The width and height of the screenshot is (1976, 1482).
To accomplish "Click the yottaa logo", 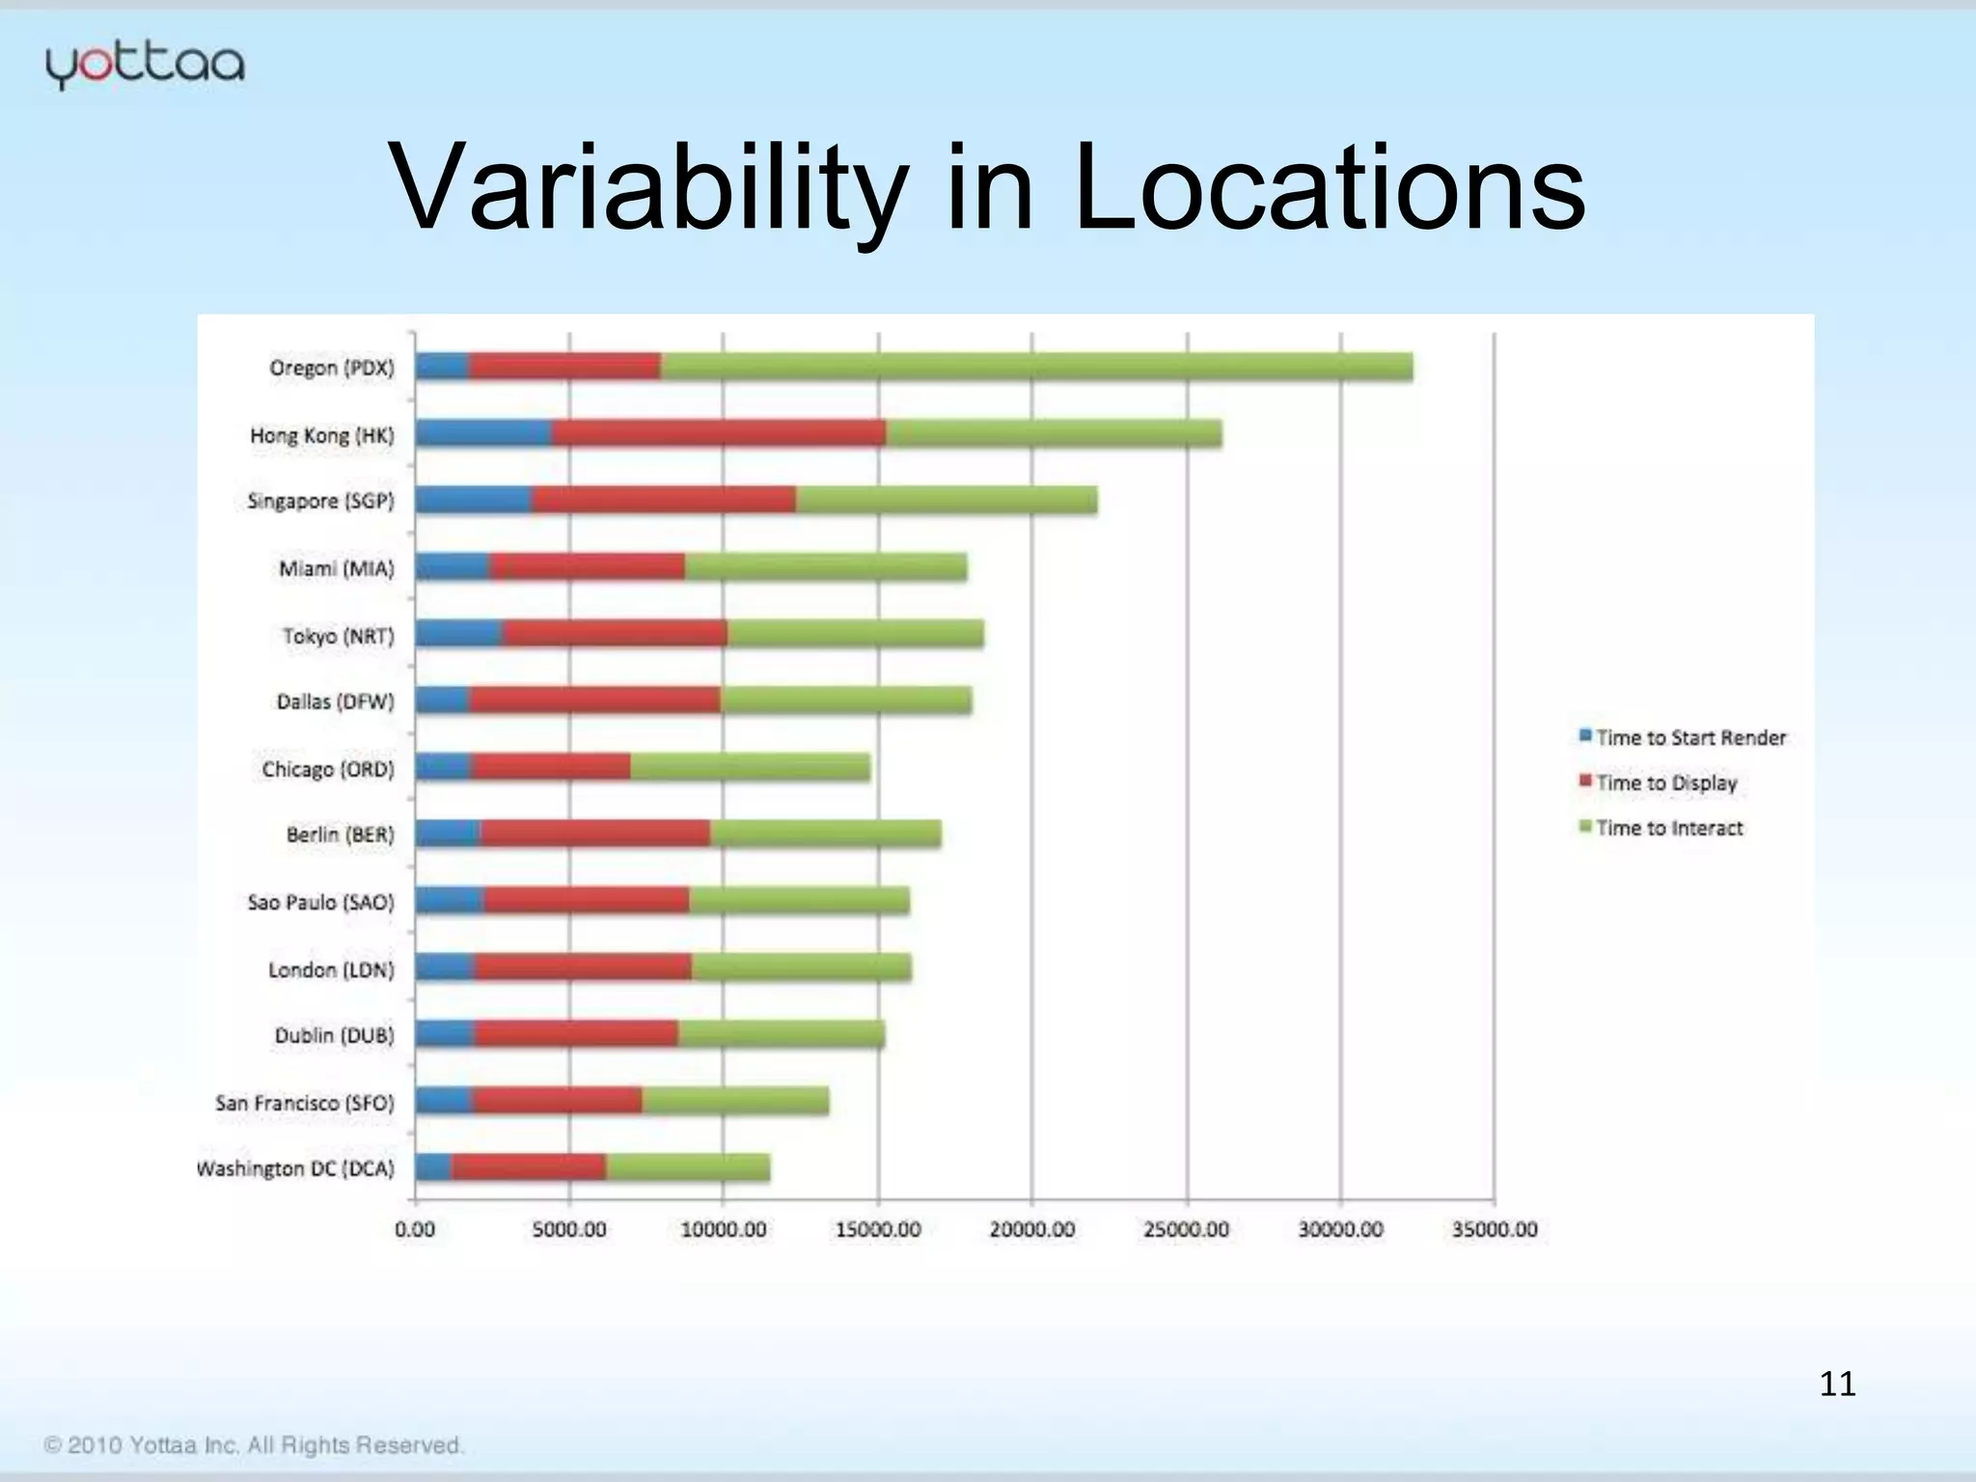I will click(x=145, y=66).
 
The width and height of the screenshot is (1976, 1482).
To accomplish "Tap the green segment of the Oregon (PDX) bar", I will click(x=1036, y=368).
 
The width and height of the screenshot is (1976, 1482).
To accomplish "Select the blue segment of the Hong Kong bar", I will click(x=483, y=434).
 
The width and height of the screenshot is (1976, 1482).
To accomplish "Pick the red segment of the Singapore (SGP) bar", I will click(x=663, y=501).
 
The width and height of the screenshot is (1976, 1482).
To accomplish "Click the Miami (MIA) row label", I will click(x=336, y=568).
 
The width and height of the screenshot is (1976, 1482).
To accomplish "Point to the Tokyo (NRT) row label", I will click(x=338, y=636).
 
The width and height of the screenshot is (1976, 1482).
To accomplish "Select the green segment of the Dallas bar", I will click(x=846, y=701).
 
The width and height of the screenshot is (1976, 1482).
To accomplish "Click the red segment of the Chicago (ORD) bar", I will click(x=550, y=768).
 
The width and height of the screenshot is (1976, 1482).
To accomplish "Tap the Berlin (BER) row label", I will click(x=340, y=835).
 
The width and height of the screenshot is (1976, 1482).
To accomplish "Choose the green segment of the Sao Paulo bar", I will click(x=799, y=901).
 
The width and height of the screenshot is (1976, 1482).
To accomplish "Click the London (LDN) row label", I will click(x=331, y=969).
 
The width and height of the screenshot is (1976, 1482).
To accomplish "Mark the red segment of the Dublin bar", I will click(x=576, y=1035).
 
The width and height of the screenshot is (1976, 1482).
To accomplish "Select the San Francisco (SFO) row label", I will click(x=304, y=1102).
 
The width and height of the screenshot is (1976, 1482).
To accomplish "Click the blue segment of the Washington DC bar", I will click(x=433, y=1168).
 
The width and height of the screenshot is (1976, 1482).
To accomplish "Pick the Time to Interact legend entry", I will click(x=1660, y=828).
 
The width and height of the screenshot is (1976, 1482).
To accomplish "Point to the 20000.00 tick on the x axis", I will click(x=1031, y=1229).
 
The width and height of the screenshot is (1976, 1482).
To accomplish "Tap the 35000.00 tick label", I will click(x=1494, y=1229).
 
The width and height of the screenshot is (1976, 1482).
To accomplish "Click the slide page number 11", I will click(x=1836, y=1384).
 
